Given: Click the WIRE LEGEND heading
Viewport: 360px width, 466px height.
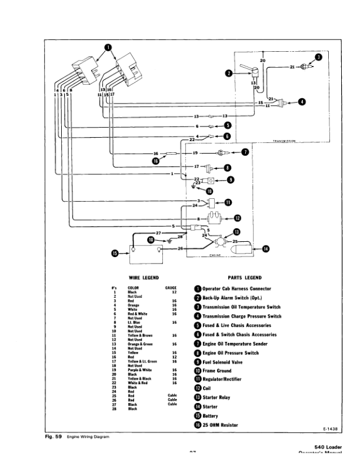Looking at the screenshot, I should [144, 277].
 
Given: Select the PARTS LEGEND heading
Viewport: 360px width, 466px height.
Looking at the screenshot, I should [244, 277].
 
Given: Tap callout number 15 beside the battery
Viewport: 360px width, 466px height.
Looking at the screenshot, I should [115, 254].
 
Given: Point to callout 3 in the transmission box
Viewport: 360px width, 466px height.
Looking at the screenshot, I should [318, 57].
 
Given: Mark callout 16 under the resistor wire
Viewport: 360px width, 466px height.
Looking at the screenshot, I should [156, 161].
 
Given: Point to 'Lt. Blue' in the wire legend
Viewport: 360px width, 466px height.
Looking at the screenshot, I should [134, 322].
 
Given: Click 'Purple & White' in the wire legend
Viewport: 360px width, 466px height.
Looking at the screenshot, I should [140, 369].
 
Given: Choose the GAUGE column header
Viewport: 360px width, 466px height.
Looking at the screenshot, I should [171, 288].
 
